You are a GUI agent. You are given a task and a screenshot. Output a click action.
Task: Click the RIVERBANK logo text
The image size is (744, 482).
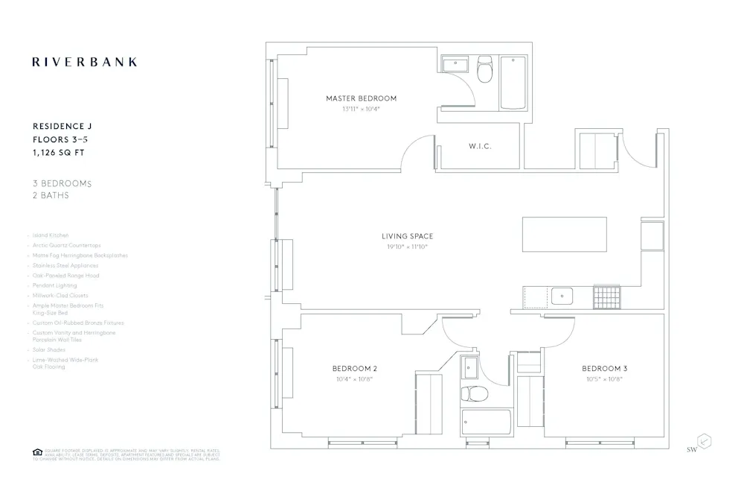84,62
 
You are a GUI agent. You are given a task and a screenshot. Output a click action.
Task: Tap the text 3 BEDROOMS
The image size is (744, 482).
62,183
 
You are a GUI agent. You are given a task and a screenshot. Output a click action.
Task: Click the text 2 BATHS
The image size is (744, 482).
51,195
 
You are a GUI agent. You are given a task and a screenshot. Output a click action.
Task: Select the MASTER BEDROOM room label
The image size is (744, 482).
361,98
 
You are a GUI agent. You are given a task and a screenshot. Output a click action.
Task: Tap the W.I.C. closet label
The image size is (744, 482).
480,146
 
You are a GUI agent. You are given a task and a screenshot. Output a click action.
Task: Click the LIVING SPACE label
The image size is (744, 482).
407,236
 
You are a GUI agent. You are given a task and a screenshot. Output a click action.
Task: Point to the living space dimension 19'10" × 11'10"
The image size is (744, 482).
407,247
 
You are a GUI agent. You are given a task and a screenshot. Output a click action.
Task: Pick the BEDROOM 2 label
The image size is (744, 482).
355,369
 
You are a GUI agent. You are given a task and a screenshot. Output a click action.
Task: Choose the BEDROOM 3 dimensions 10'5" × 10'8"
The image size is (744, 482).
604,379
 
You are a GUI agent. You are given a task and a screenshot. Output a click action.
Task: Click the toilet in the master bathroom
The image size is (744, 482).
484,69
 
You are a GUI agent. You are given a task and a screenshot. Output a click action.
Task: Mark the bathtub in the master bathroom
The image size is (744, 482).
513,83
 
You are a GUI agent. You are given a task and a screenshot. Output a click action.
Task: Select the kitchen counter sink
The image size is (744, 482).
562,297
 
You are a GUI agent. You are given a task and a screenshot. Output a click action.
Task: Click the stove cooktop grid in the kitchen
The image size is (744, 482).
607,297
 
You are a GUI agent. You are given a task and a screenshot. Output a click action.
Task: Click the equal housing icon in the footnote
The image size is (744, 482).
37,451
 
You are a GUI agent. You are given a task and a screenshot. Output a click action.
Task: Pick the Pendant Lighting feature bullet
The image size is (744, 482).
55,285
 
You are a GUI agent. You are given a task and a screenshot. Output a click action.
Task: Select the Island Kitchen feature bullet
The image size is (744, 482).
51,235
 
